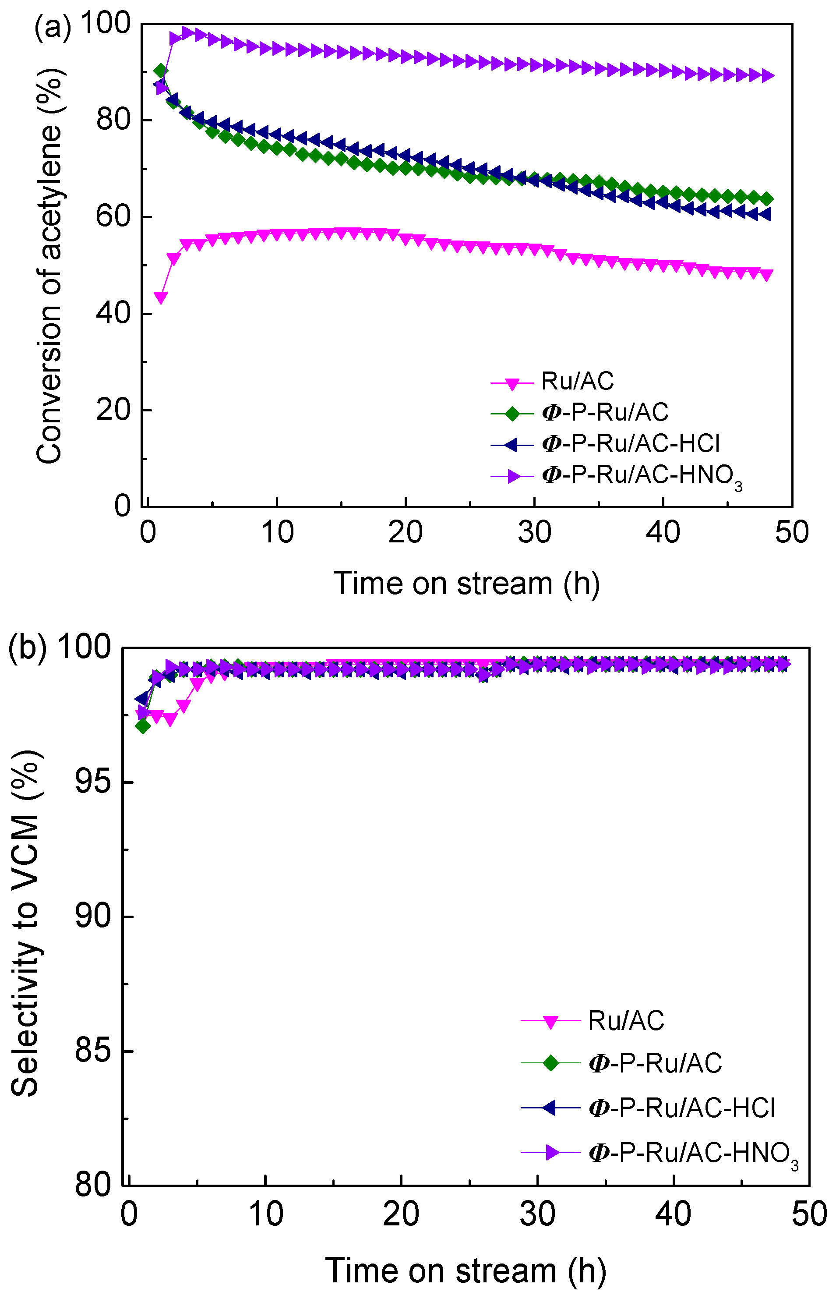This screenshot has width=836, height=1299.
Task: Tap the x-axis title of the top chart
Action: (466, 584)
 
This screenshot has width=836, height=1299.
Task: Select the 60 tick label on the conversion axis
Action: (113, 217)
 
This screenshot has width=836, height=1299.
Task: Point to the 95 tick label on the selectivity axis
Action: (92, 782)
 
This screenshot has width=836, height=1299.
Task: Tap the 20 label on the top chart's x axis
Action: (405, 532)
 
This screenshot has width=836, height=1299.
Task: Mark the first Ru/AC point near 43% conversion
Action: (161, 297)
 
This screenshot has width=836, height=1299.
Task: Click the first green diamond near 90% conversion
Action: (161, 71)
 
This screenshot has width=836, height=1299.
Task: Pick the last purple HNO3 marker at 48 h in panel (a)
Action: (766, 75)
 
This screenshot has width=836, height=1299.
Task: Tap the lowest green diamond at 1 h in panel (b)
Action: (143, 726)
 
